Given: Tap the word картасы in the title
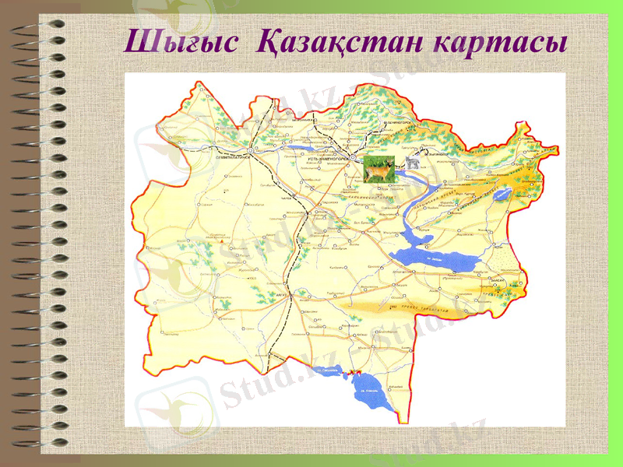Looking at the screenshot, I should click(x=498, y=41).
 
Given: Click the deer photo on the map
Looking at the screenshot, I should click(x=379, y=169).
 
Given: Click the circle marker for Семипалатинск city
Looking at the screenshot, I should click(x=249, y=149).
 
